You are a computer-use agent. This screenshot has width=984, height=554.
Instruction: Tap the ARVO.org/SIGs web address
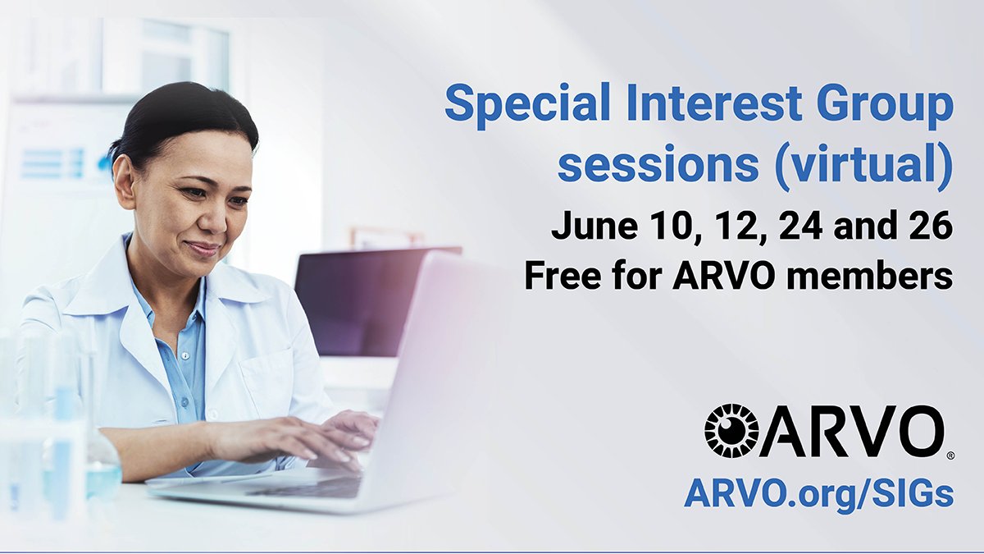[818, 494]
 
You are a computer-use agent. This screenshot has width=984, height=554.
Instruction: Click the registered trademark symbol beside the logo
[950, 454]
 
